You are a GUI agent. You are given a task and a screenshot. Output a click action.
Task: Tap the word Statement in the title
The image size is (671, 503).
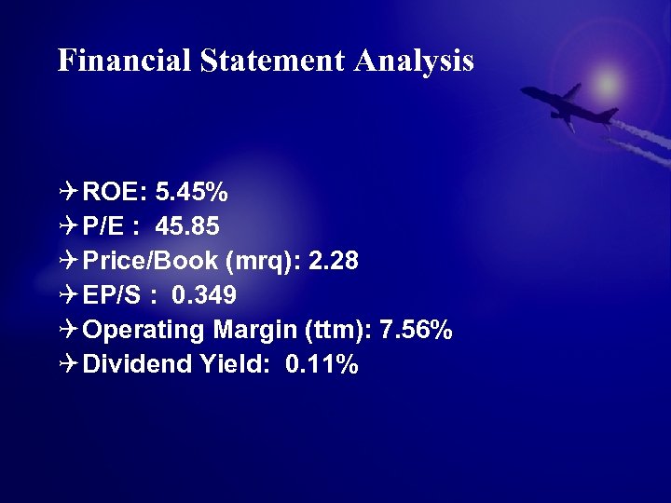coord(271,61)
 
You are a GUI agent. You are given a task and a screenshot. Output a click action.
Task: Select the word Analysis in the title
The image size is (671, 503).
coord(414,61)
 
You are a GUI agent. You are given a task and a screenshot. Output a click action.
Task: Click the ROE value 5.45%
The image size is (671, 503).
coord(192,193)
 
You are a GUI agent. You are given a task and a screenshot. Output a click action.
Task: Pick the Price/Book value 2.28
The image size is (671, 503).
coord(333,262)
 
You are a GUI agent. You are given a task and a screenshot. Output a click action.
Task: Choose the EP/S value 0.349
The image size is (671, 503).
coord(204,296)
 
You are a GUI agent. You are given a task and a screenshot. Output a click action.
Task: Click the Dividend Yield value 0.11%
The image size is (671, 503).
coord(322,365)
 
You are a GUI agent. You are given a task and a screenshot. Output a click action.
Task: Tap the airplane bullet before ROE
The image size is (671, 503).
coord(68,193)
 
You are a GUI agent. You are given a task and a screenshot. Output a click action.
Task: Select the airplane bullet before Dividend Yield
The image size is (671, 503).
coord(68,365)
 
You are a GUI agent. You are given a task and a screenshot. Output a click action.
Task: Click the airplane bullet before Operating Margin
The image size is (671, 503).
coord(68,331)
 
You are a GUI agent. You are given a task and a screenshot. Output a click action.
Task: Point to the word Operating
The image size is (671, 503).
coord(144,331)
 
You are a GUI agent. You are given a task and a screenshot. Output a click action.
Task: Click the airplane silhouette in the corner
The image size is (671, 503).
coord(568,104)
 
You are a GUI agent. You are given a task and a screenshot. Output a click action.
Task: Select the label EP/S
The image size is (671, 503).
coord(111,296)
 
